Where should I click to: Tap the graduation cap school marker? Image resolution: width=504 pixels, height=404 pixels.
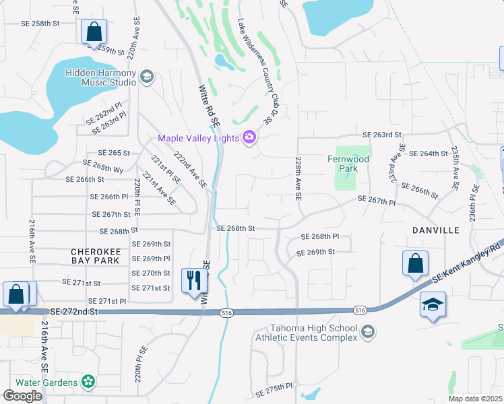click(432, 304)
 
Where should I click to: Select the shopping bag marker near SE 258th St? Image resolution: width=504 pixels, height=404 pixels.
click(94, 31)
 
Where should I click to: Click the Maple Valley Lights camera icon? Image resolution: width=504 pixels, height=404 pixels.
click(250, 138)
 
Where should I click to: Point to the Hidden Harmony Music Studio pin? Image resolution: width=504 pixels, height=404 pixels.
click(147, 77)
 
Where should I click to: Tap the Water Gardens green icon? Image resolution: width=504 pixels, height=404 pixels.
click(87, 382)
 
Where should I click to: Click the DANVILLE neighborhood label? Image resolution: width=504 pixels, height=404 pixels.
click(436, 230)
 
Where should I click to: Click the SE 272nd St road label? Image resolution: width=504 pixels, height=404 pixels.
click(74, 312)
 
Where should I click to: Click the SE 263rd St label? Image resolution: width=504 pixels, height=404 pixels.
click(382, 135)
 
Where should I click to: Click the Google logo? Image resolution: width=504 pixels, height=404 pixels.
click(22, 395)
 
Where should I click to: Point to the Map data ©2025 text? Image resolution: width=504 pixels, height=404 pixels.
click(476, 399)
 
